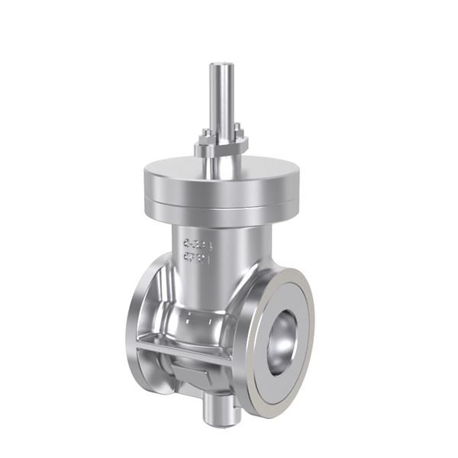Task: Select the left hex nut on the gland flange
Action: tap(204, 140)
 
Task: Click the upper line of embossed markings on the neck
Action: tap(197, 244)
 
